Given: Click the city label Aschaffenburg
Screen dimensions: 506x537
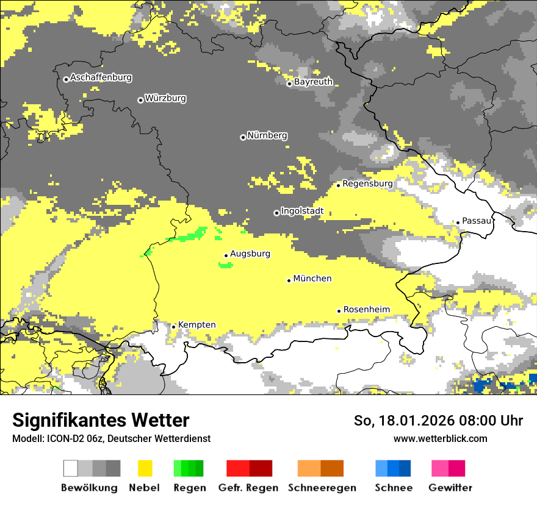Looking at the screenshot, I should pos(101,77).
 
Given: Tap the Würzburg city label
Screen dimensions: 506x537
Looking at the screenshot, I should pos(165,98).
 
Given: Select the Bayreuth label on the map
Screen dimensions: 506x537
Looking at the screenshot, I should pos(313,82).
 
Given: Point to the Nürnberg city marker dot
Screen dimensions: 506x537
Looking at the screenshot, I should pos(243,137).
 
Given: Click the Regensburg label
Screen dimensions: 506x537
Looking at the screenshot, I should pos(367,183).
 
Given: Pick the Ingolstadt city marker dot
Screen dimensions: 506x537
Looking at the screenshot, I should pos(276,213).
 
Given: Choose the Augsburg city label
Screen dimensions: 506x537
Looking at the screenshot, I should pos(250,254).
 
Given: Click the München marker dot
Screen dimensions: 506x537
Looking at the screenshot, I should pos(289,280).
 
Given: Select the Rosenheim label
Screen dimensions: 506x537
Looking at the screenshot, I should pos(366,309).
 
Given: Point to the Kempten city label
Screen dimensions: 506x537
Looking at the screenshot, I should pos(196,324).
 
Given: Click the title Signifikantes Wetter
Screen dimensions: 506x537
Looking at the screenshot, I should pos(101,420).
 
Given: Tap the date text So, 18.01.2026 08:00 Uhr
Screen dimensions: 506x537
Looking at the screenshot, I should pos(438,421).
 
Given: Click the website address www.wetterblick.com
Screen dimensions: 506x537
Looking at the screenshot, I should pos(440,438).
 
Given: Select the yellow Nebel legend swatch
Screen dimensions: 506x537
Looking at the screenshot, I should pos(145,468).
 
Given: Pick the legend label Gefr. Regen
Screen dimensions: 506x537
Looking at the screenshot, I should pos(248,488).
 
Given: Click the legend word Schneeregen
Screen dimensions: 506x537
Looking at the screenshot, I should pos(322,488).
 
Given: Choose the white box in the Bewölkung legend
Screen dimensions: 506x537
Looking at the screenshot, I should pos(71,468).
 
